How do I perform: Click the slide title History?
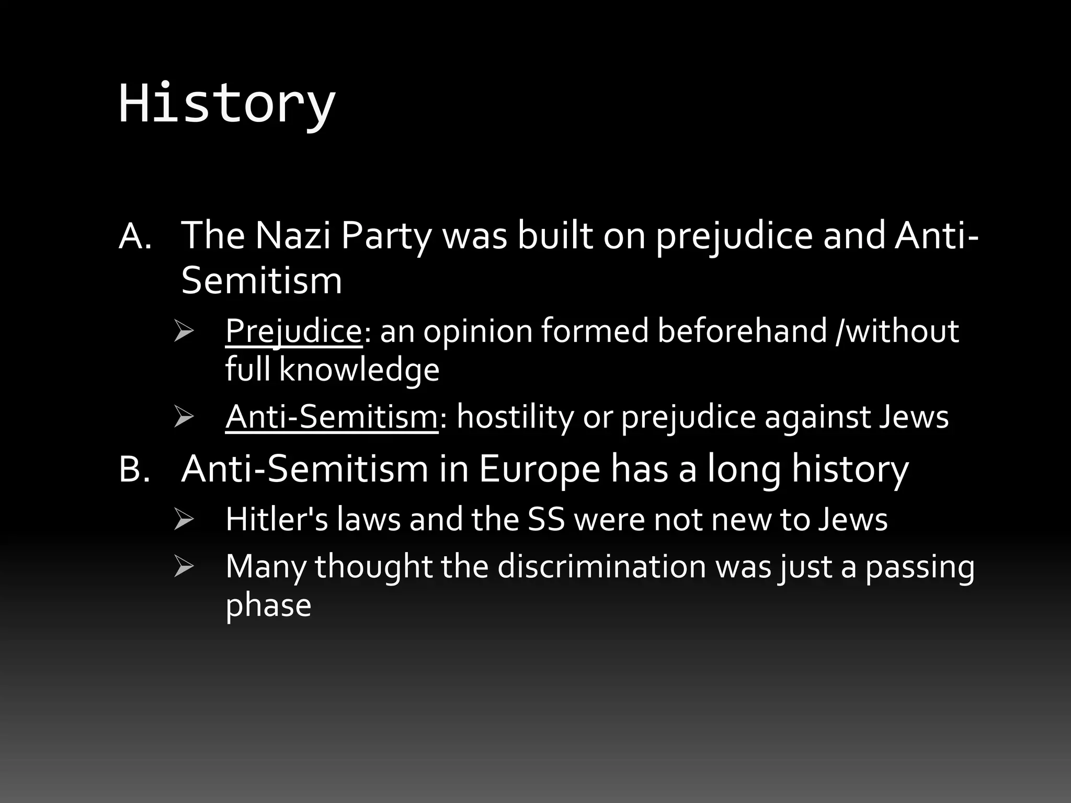tap(226, 104)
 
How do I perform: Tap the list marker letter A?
tap(135, 236)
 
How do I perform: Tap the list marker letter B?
tap(134, 469)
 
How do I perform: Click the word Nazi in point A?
tap(293, 236)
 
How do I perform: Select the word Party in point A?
tap(386, 236)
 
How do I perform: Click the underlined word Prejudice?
tap(293, 331)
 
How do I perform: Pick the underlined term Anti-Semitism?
tap(332, 417)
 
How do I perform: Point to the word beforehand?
tap(742, 331)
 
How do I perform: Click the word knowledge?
tap(359, 369)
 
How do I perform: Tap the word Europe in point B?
tap(539, 469)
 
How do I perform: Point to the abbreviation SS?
tap(546, 519)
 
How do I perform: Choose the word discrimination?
tap(601, 566)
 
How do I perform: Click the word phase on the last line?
tap(268, 605)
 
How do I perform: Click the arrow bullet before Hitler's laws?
tap(184, 520)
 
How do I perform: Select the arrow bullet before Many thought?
tap(184, 567)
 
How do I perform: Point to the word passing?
tap(920, 566)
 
